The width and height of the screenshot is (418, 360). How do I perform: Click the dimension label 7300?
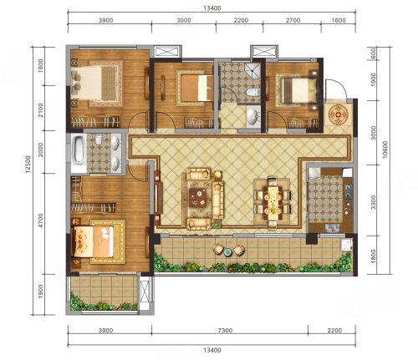[x=225, y=330]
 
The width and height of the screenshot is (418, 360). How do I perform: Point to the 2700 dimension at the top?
[x=293, y=20]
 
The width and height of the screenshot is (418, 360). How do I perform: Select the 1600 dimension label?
[x=339, y=20]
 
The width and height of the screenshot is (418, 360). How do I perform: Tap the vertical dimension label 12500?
[x=28, y=165]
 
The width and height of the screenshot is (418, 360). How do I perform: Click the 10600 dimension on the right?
[x=385, y=150]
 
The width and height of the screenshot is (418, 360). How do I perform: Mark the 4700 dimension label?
[x=41, y=221]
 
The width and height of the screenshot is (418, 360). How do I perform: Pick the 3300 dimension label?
[x=373, y=202]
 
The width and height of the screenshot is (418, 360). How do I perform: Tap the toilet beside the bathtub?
[x=98, y=139]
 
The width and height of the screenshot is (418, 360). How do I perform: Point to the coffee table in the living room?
[x=198, y=198]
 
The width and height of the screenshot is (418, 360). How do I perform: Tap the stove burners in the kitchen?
[x=349, y=191]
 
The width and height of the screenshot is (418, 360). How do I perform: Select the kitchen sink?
[x=332, y=228]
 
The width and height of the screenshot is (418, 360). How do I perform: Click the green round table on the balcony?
[x=228, y=252]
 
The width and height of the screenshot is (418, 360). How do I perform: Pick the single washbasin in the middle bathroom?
[x=252, y=115]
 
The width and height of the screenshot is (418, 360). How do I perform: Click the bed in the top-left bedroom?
[x=94, y=83]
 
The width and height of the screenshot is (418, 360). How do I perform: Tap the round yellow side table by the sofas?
[x=217, y=175]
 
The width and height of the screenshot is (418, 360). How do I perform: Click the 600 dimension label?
[x=373, y=53]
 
